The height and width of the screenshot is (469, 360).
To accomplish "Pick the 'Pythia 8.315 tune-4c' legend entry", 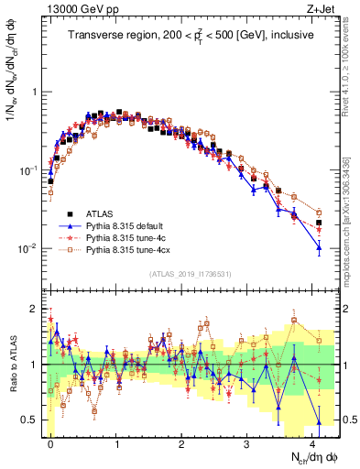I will (x=134, y=237).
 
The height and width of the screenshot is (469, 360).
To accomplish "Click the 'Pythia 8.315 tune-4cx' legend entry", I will (x=136, y=249).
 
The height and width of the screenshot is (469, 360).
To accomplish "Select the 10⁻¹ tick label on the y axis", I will (x=26, y=171).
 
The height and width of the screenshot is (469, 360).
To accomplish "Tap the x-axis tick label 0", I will (x=50, y=441).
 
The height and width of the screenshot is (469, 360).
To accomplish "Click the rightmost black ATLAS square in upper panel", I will (x=319, y=223).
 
